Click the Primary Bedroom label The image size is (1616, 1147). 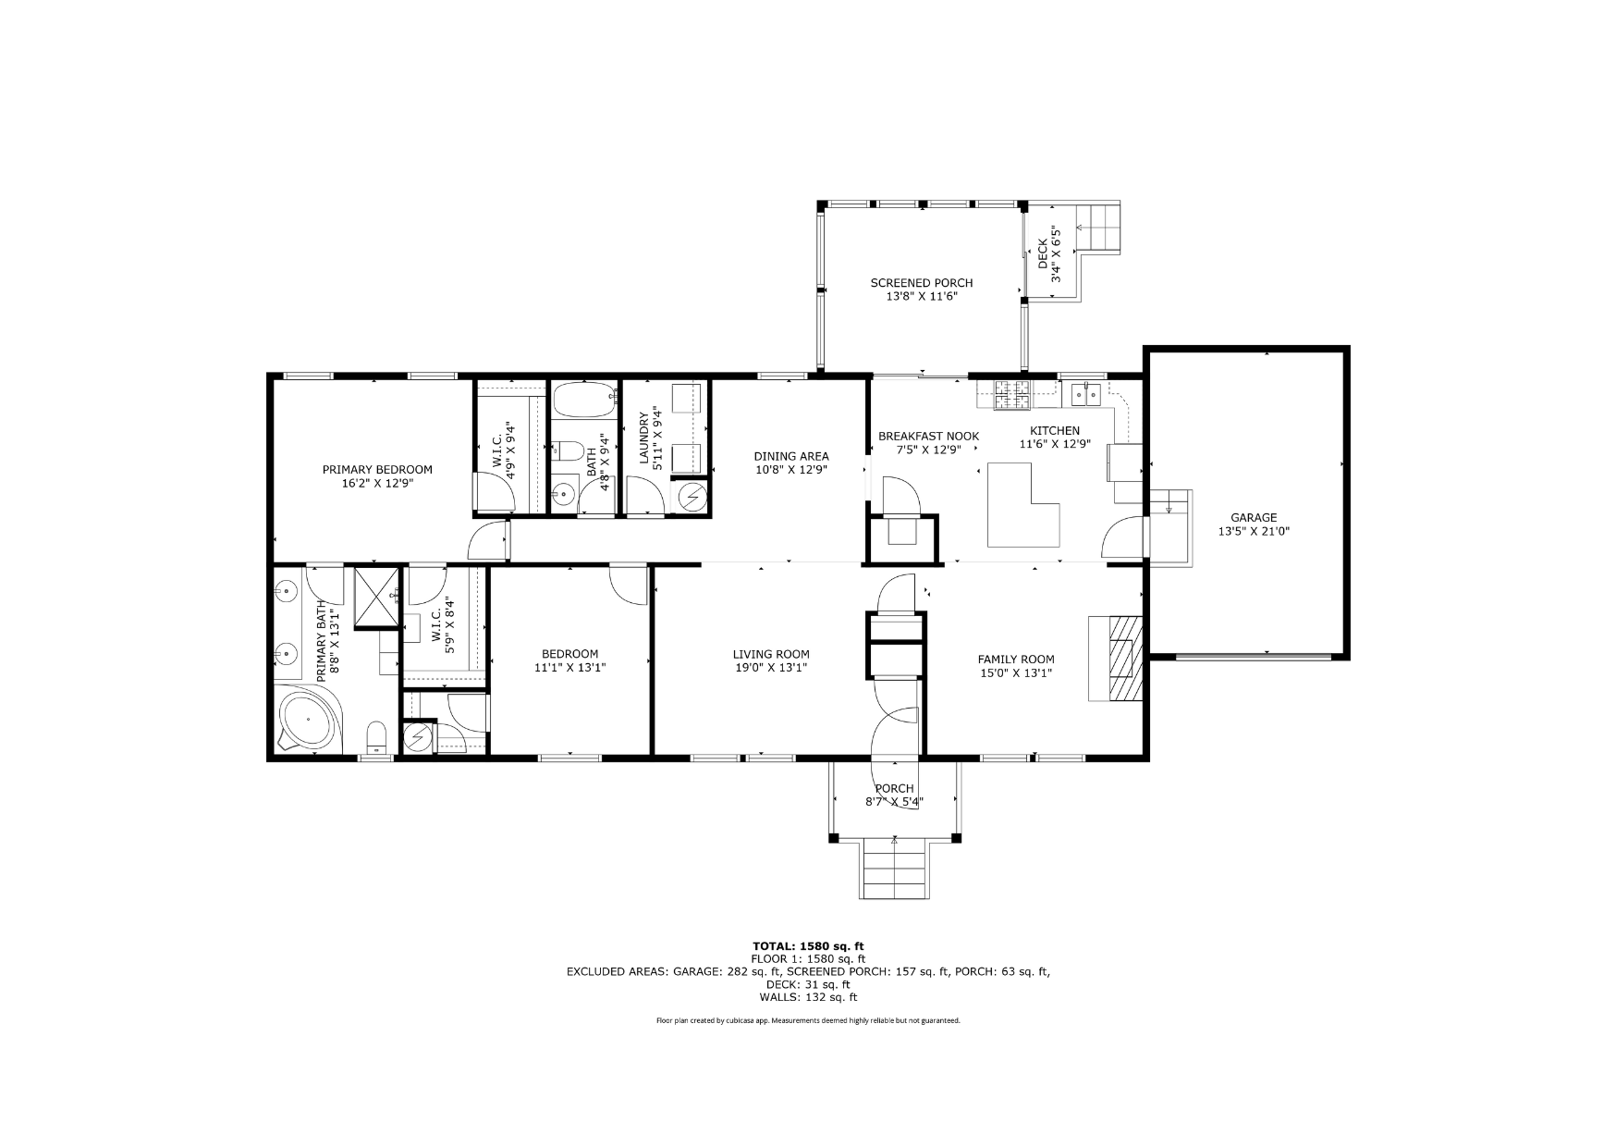(377, 469)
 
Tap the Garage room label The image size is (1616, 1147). (1254, 518)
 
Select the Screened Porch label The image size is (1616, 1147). (922, 283)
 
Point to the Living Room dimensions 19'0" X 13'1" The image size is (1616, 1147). (771, 668)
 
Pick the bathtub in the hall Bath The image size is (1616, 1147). (583, 401)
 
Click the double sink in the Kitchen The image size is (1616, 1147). (1085, 394)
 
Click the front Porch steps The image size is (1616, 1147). (895, 868)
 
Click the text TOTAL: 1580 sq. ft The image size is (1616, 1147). (808, 946)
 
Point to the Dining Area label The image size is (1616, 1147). (791, 456)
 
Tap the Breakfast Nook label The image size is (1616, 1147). (928, 437)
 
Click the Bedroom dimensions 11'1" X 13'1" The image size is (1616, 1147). (569, 668)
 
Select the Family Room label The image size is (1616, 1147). (1016, 660)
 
